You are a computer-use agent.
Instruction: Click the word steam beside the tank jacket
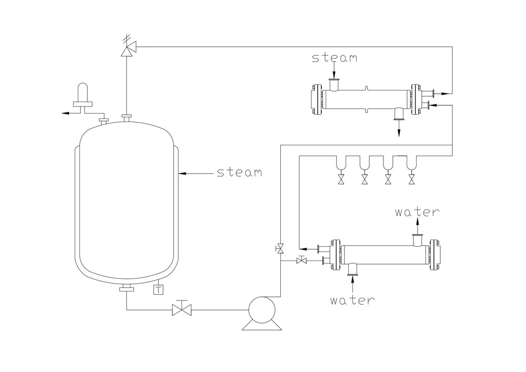click(x=239, y=173)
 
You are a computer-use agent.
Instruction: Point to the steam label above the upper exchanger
click(x=334, y=58)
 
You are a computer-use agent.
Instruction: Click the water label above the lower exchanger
click(x=417, y=213)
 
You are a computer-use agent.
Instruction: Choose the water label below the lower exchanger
click(x=352, y=300)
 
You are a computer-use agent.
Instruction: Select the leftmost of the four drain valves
click(x=341, y=180)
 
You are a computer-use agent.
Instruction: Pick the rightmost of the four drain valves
click(x=411, y=180)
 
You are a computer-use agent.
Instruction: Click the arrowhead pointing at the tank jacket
click(x=181, y=172)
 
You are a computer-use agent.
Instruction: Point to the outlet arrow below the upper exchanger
click(x=398, y=132)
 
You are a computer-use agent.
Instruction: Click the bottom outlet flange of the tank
click(x=127, y=288)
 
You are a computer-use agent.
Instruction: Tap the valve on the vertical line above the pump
click(x=280, y=247)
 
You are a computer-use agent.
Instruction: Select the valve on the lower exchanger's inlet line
click(x=302, y=260)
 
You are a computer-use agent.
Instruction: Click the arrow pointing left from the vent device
click(x=63, y=113)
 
